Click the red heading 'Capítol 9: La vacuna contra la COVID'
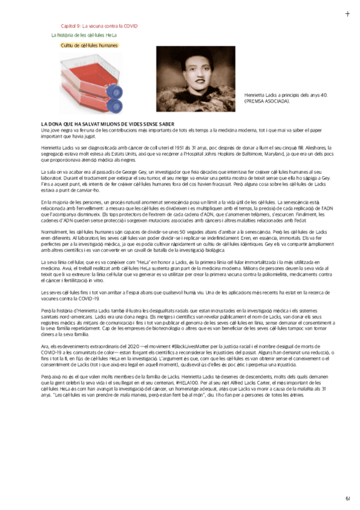click(99, 26)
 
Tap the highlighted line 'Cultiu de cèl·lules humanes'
click(90, 45)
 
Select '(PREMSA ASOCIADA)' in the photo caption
click(266, 101)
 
